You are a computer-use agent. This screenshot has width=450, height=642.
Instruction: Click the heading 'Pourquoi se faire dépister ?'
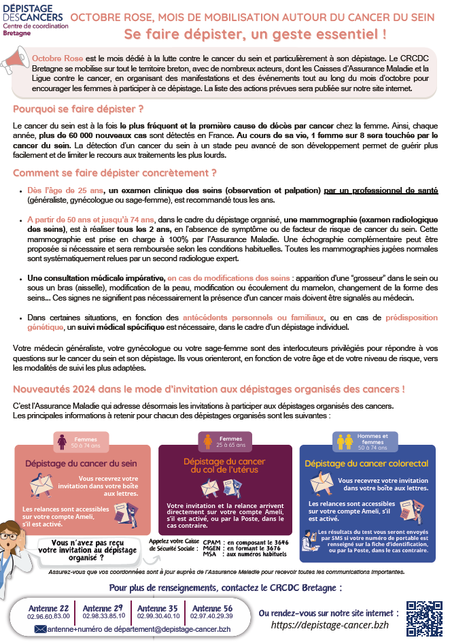click(x=78, y=109)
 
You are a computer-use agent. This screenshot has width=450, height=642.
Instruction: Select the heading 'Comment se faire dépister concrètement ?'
click(x=114, y=173)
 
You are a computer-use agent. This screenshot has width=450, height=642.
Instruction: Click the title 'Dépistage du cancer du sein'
click(x=82, y=463)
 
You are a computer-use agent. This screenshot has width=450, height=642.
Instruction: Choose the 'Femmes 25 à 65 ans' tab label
click(x=230, y=442)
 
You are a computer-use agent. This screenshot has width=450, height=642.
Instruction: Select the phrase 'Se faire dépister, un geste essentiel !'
click(x=256, y=33)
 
